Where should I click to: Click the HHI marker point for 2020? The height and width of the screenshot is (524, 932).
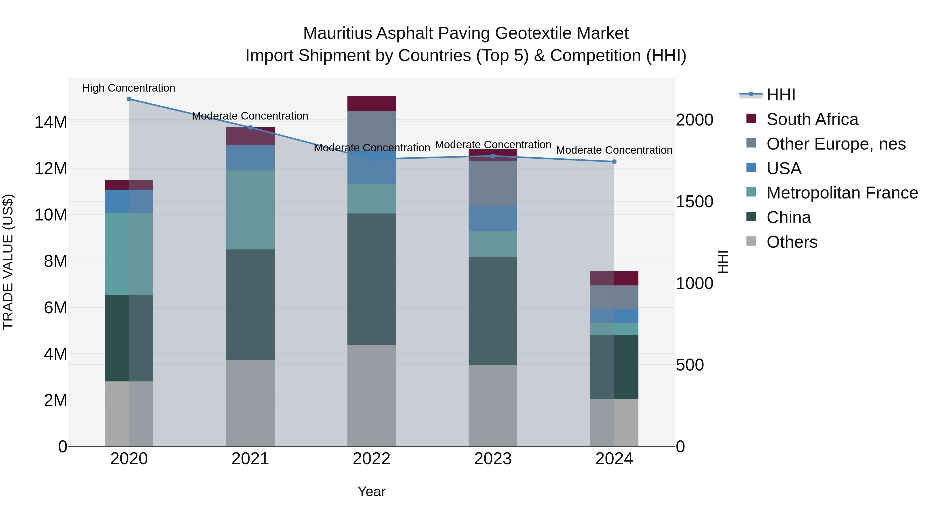coord(129,99)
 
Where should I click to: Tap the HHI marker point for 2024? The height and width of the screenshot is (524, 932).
coord(614,162)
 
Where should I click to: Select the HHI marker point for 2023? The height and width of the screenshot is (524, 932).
coord(493,156)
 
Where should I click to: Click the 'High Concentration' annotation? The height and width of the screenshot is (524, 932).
coord(129,88)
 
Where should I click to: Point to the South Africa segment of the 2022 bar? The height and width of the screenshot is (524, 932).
coord(372,104)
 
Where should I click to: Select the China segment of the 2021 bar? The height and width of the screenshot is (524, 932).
coord(250,305)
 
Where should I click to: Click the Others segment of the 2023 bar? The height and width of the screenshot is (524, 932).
coord(493,406)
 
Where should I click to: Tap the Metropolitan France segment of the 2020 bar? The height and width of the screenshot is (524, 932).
coord(129,254)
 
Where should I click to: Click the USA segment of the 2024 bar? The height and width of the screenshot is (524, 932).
coord(614,316)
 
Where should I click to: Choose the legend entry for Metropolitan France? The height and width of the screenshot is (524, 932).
coord(842,193)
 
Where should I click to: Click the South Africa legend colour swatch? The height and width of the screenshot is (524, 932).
coord(751,119)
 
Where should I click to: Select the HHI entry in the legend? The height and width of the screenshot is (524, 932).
coord(781,95)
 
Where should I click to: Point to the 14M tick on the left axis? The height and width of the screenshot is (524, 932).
coord(51,122)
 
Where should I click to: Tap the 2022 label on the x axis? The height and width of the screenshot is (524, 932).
coord(372,459)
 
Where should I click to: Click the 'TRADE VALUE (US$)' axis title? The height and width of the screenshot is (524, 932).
coord(8,262)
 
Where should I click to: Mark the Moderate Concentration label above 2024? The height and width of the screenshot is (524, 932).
coord(614,150)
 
